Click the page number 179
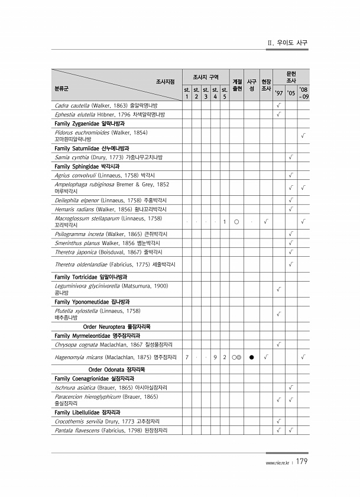point(300,461)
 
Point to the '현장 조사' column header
point(266,85)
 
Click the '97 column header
point(278,93)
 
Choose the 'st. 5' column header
point(225,93)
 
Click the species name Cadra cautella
point(71,105)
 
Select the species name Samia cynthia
point(70,157)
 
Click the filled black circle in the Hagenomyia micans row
point(251,357)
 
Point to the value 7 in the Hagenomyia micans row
point(187,357)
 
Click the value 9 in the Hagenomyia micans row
point(215,357)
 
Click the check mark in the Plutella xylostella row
point(278,313)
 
